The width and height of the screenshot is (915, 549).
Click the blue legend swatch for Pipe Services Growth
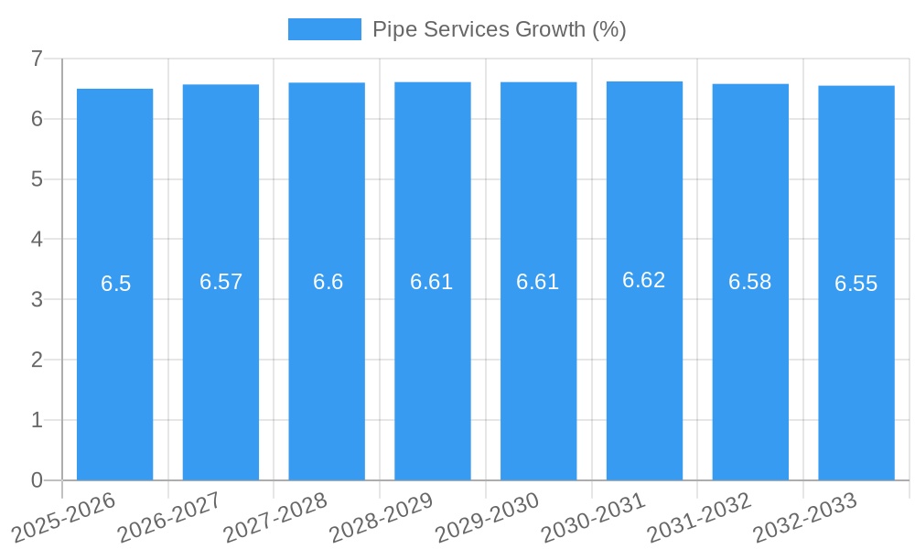tap(324, 29)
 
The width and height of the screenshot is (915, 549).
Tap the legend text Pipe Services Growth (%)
tap(499, 29)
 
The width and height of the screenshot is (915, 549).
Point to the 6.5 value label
tap(116, 284)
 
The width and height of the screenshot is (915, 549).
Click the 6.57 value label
tap(221, 282)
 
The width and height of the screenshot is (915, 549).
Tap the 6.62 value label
tap(644, 280)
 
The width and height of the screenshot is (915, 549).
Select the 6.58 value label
tap(750, 282)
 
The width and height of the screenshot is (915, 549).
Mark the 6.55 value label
tap(856, 284)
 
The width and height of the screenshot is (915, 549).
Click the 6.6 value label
tap(328, 282)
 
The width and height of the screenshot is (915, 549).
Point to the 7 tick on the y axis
tap(37, 59)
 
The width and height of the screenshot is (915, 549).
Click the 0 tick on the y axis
tap(37, 480)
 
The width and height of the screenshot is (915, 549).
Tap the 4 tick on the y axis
tap(37, 239)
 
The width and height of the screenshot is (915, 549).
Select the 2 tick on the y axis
tap(37, 360)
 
